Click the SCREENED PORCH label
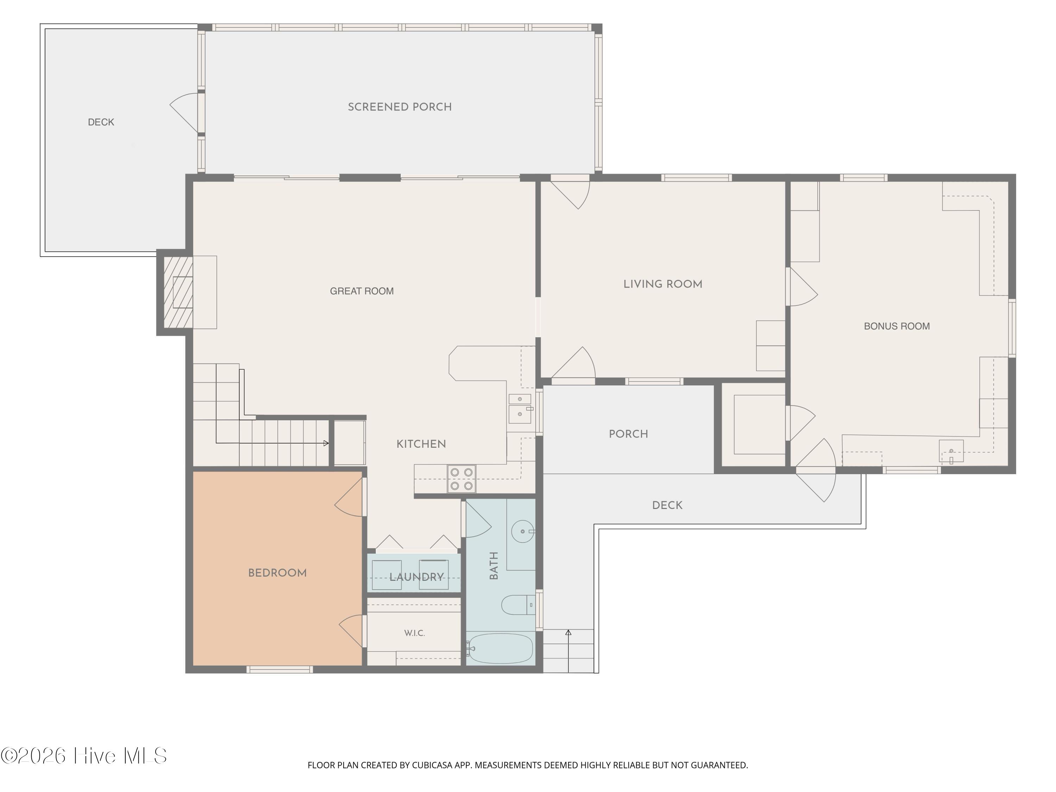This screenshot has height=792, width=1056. click(400, 107)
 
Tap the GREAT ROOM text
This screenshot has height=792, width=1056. click(362, 291)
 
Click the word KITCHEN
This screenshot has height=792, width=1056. click(421, 444)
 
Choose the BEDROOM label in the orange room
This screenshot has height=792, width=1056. click(277, 573)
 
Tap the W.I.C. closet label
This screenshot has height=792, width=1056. click(414, 633)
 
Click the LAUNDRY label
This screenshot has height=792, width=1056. click(417, 577)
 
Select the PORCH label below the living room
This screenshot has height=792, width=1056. click(628, 434)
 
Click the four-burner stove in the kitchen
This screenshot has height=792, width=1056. click(461, 479)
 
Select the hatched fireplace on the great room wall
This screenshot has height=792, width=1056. click(178, 292)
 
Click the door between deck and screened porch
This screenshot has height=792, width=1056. click(185, 113)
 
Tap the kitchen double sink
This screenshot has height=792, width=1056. click(520, 409)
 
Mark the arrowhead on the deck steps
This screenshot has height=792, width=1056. click(568, 633)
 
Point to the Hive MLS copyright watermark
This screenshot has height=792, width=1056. click(84, 756)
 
